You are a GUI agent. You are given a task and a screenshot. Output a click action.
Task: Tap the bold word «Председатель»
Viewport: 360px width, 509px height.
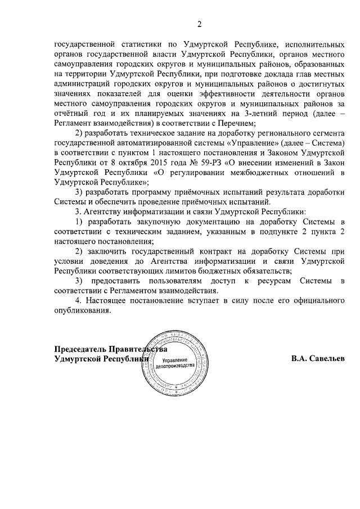pos(82,348)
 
